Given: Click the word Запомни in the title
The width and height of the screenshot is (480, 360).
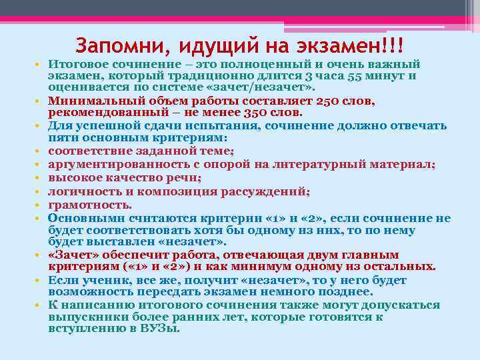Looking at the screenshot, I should [114, 46].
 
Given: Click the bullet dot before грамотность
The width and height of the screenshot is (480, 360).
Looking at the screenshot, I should [40, 206].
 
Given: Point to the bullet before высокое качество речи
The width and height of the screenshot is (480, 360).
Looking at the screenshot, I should [40, 179].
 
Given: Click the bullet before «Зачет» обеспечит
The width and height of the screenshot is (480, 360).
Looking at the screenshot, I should [40, 255].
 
